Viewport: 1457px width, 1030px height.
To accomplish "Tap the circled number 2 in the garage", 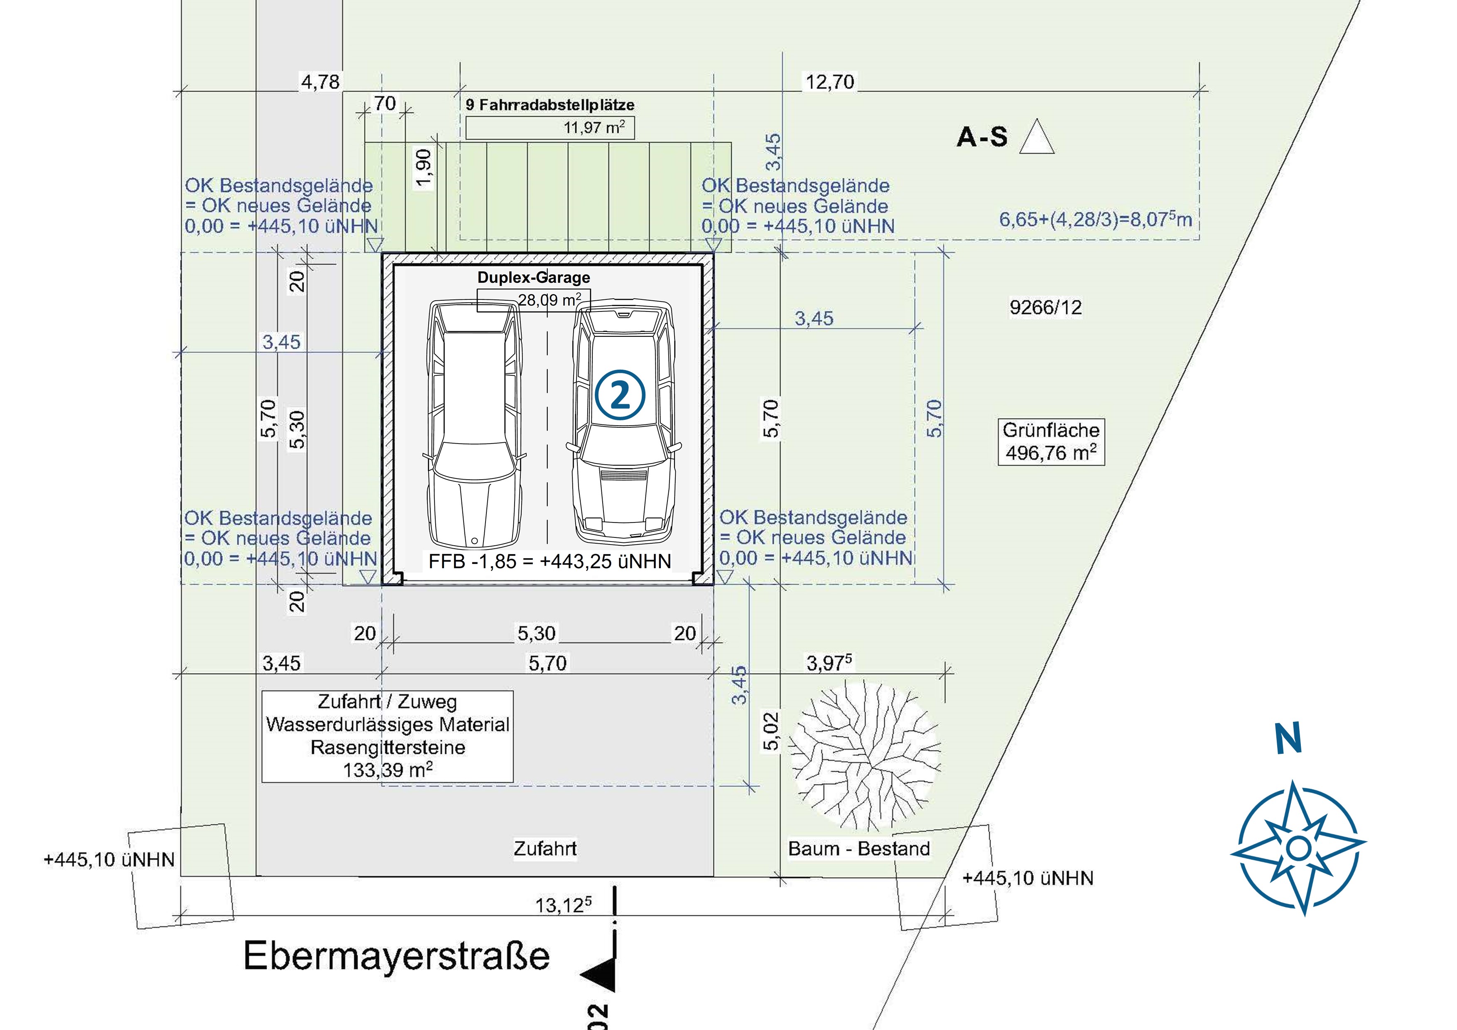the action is pos(620,395).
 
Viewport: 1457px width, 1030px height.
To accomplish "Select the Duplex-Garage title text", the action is pos(534,277).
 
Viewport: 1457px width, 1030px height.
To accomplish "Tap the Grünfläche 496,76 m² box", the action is pos(1051,442).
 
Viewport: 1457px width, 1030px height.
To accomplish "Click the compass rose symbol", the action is pos(1298,847).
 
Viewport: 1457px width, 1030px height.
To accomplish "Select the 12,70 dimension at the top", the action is pos(830,82).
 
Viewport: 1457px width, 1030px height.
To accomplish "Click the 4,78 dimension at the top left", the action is pos(321,81).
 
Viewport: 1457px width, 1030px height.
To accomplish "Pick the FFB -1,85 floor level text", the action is pos(549,561).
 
